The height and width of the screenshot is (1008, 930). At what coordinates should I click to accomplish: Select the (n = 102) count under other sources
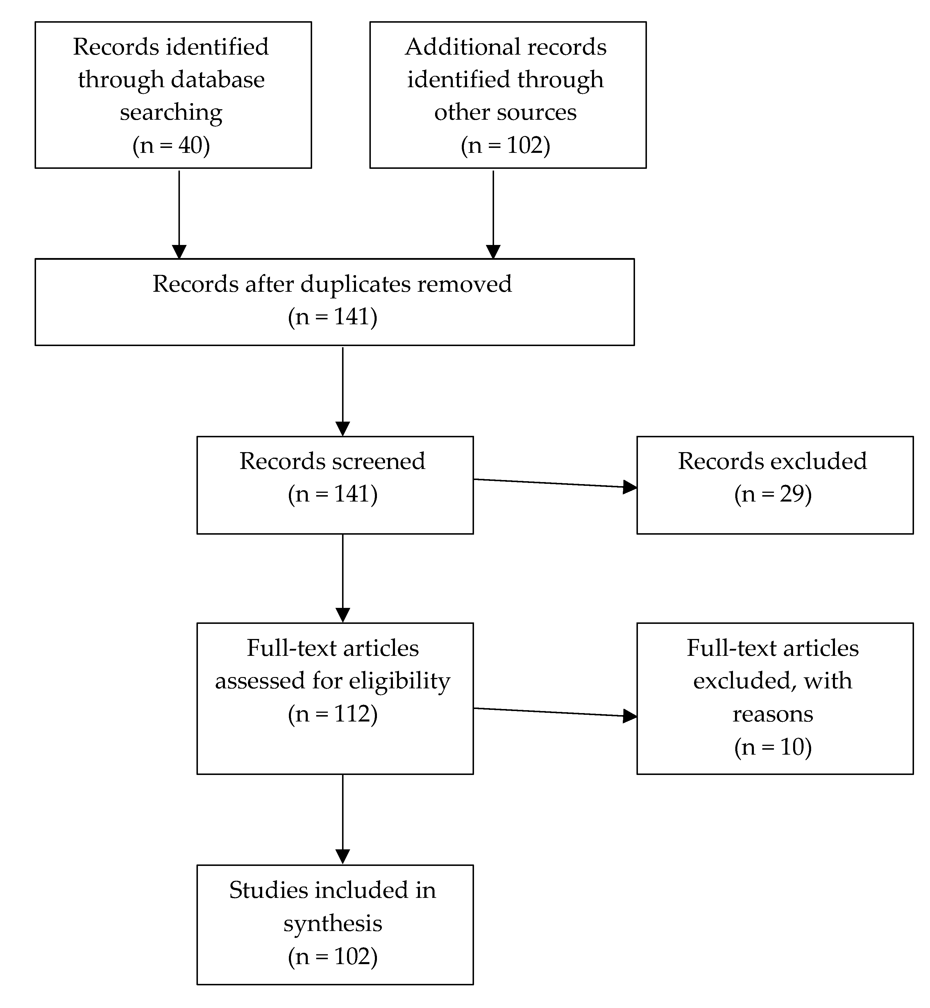[505, 146]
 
